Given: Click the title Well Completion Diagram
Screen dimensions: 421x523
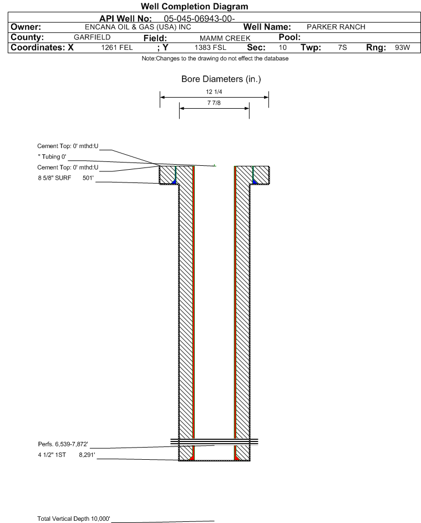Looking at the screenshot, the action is pyautogui.click(x=195, y=6).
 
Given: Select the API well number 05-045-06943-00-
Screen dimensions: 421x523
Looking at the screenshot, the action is pyautogui.click(x=199, y=19).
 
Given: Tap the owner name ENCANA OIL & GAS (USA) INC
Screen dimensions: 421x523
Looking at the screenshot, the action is pyautogui.click(x=138, y=27).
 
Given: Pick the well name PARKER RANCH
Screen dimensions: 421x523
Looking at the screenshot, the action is pyautogui.click(x=336, y=27).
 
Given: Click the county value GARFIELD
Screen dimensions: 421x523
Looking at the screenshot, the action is pyautogui.click(x=92, y=37).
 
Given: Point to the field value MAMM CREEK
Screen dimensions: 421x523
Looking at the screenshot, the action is pyautogui.click(x=225, y=38).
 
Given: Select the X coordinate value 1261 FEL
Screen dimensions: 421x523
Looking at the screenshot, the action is pyautogui.click(x=116, y=48).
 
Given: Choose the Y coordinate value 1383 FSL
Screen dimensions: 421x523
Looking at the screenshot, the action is pyautogui.click(x=210, y=48).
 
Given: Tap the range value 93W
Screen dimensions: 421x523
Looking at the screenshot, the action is pyautogui.click(x=402, y=47).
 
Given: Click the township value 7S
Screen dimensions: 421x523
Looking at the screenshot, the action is pyautogui.click(x=342, y=47).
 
